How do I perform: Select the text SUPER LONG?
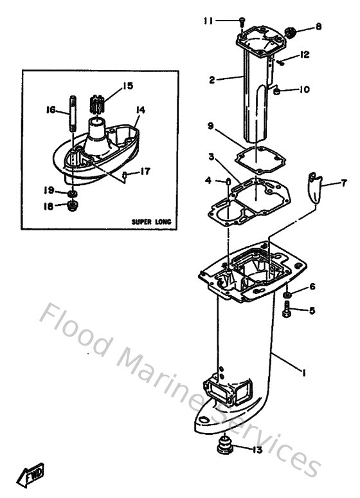pyautogui.click(x=150, y=221)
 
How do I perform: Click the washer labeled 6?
pyautogui.click(x=286, y=295)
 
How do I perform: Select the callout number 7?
pyautogui.click(x=343, y=183)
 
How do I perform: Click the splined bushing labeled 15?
pyautogui.click(x=96, y=104)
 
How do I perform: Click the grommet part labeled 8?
pyautogui.click(x=289, y=30)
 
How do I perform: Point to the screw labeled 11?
pyautogui.click(x=241, y=21)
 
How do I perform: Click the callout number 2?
pyautogui.click(x=212, y=80)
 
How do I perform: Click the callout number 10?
pyautogui.click(x=304, y=89)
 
